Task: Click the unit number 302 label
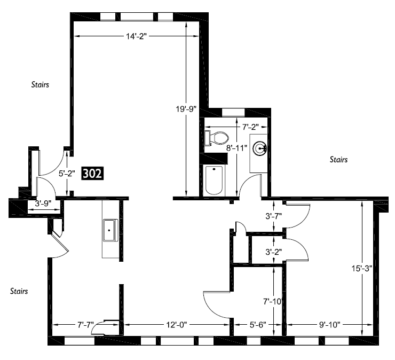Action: click(x=92, y=174)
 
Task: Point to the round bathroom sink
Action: click(x=260, y=147)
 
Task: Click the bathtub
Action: click(x=214, y=180)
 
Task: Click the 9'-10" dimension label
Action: click(x=329, y=325)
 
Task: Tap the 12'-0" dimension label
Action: click(x=176, y=325)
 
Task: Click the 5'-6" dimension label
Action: click(x=257, y=325)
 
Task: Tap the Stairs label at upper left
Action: click(x=41, y=84)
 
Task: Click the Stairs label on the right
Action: click(x=338, y=160)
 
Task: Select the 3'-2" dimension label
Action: click(x=274, y=252)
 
